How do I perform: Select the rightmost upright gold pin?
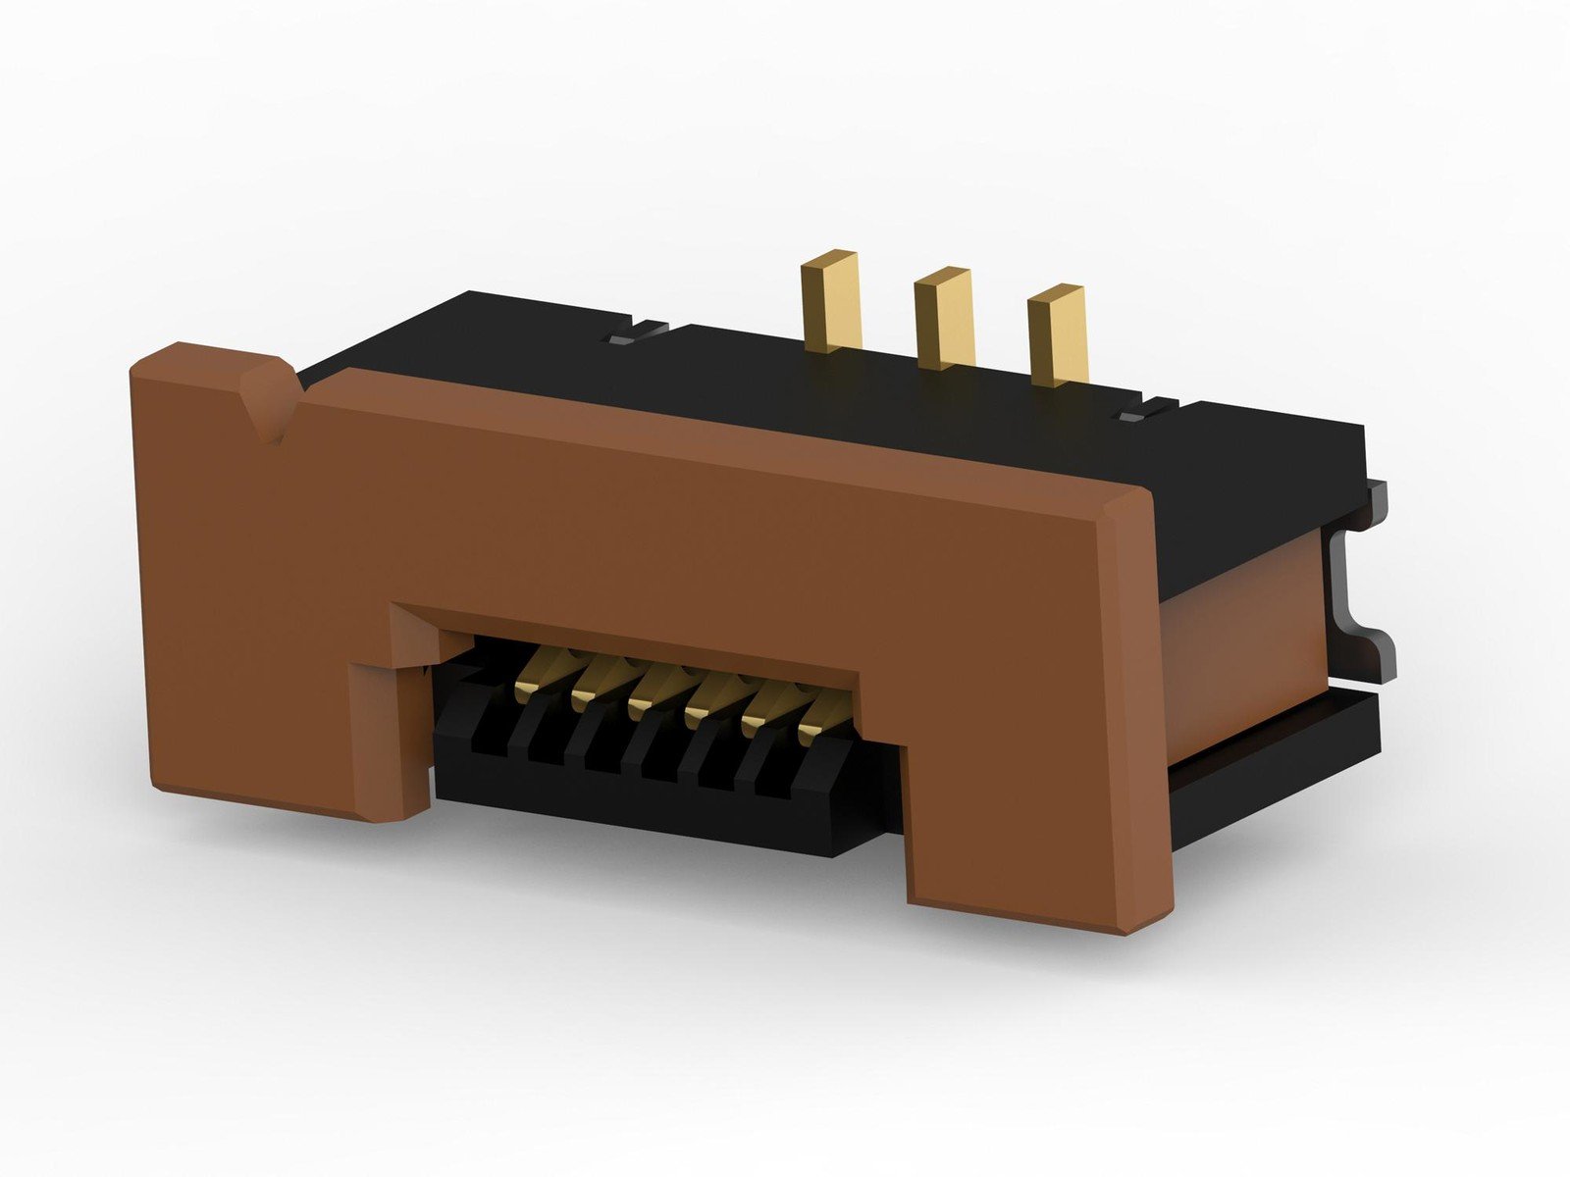click(x=1058, y=333)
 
